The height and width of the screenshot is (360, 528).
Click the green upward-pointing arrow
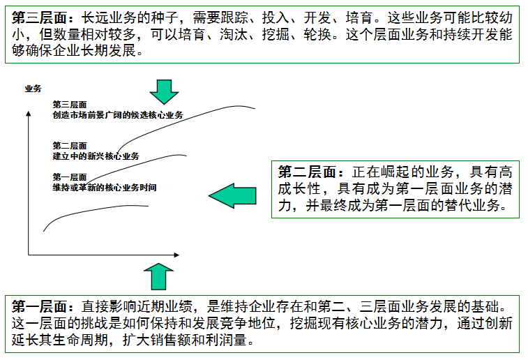pos(160,277)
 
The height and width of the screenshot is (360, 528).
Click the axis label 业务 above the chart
pos(33,89)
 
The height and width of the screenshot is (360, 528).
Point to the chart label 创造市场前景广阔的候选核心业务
pos(117,114)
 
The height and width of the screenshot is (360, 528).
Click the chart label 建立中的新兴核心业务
pos(96,156)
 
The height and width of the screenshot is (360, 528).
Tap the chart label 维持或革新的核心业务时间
pos(104,188)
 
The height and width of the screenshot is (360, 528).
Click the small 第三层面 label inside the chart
pos(69,104)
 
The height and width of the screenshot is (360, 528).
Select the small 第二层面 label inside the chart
pos(69,146)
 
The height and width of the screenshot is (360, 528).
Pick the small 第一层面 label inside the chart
pos(69,177)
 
